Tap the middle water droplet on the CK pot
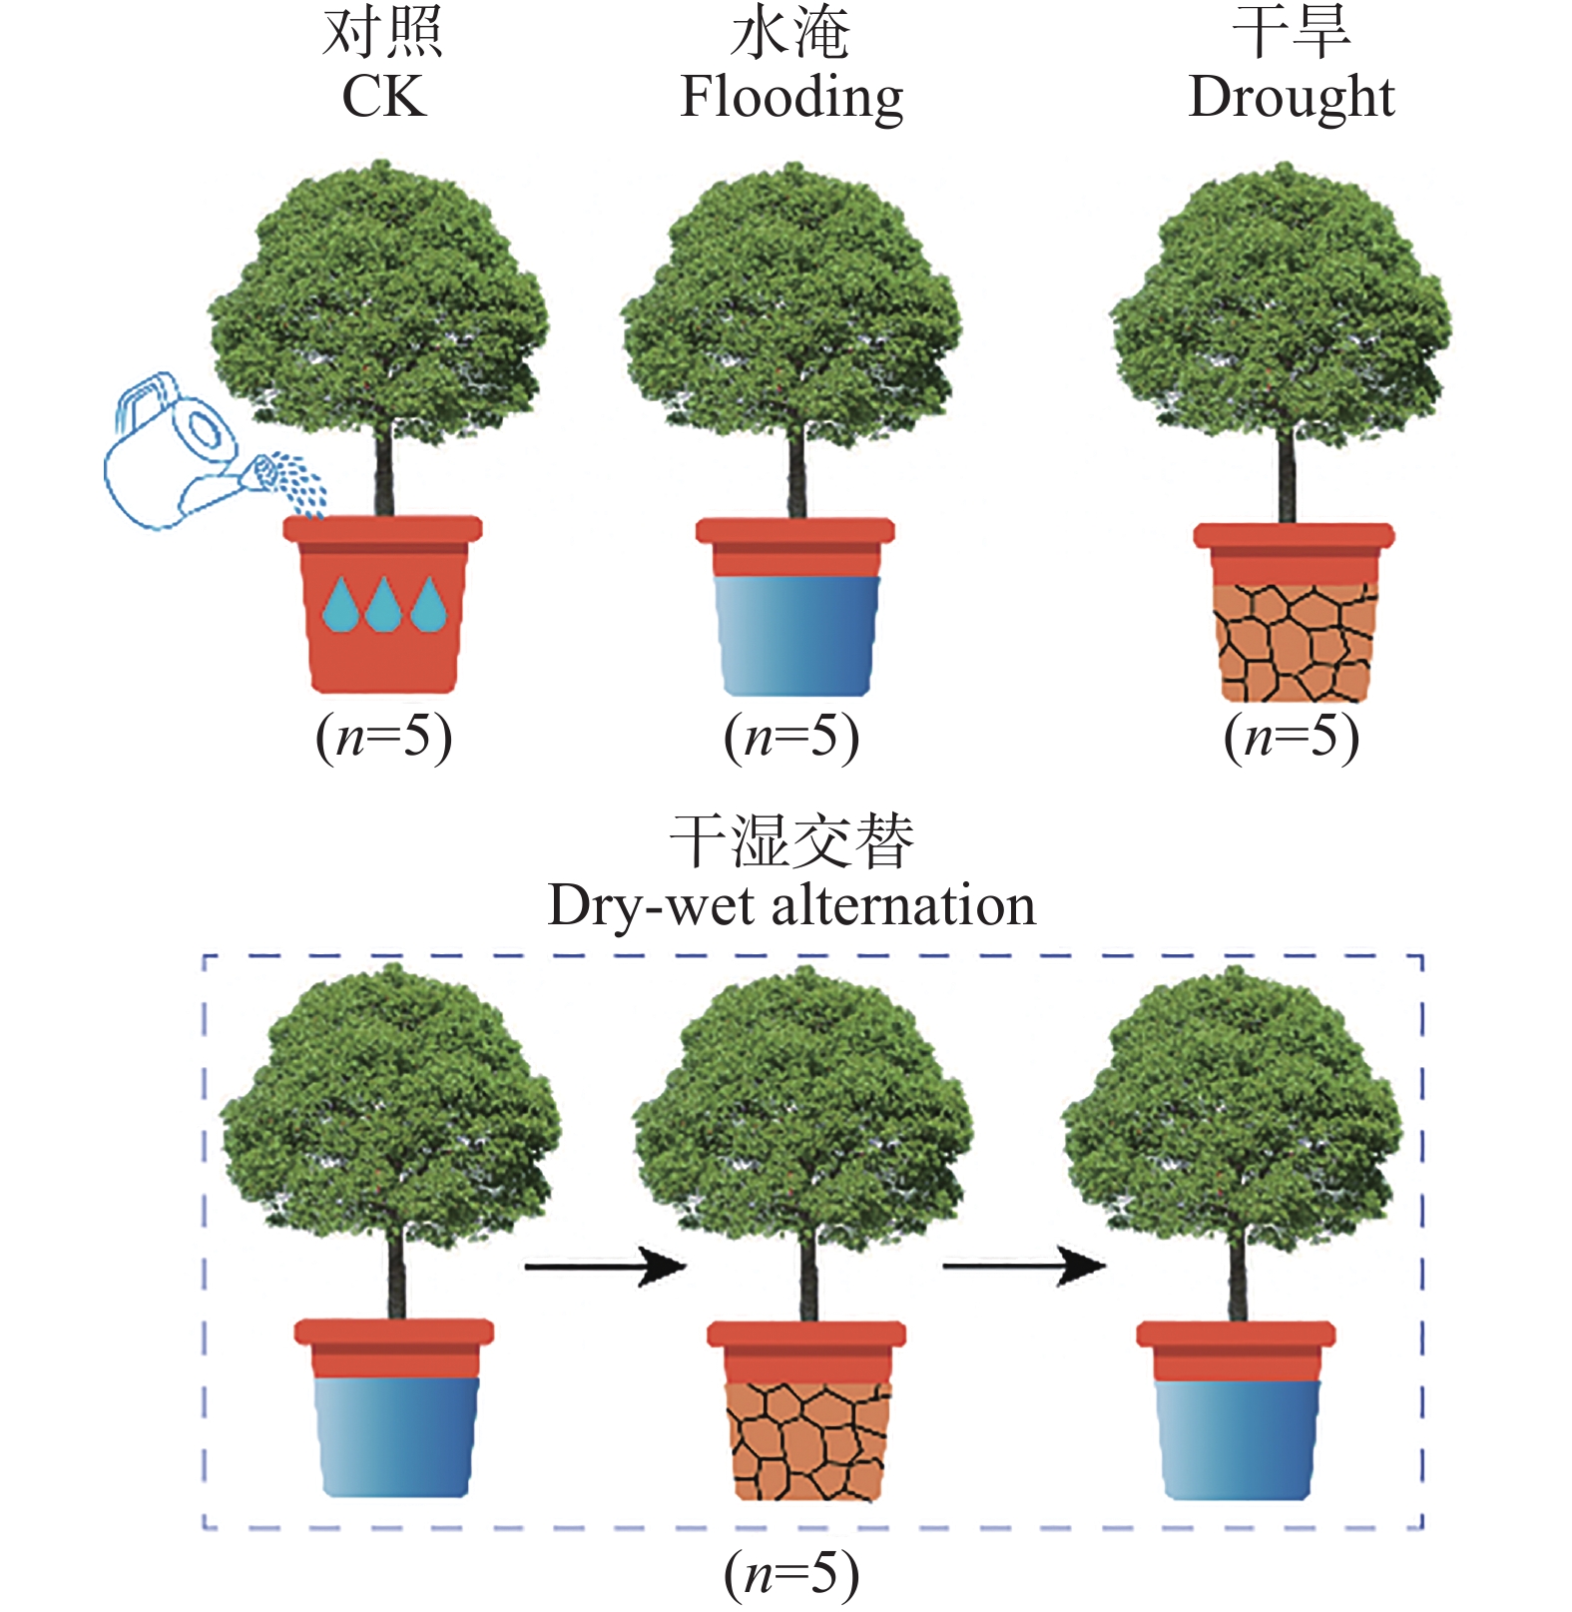coord(383,605)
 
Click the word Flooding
coord(791,99)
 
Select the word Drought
coord(1291,97)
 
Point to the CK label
coord(383,97)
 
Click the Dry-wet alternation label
coord(791,905)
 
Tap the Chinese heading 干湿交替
coord(791,841)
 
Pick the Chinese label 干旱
coord(1291,33)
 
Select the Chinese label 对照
coord(383,33)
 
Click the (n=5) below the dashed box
coord(791,1573)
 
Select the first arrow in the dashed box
coord(605,1267)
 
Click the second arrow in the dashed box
coord(1023,1267)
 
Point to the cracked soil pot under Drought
coord(1294,639)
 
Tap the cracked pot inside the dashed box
coord(807,1437)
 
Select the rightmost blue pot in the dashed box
coord(1236,1437)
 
